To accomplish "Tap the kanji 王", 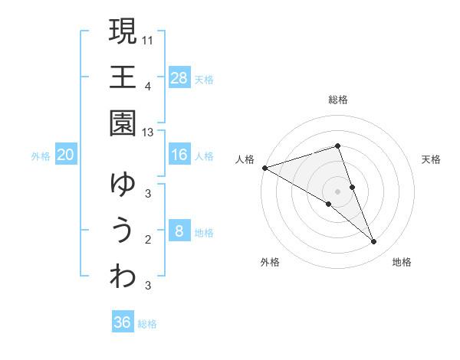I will coord(123,77).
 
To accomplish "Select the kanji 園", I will coord(123,123).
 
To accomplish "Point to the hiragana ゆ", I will coord(123,185).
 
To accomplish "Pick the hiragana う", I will coord(123,231).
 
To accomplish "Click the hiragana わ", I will coord(123,277).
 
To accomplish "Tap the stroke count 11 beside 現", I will coord(149,39).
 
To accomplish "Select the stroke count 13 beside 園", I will coord(149,133).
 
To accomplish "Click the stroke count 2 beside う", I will coord(148,240).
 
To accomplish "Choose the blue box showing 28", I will coord(179,77).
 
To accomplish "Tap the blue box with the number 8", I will coord(179,231).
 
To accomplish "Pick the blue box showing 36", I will coord(123,322).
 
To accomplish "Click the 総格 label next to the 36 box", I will coord(147,324).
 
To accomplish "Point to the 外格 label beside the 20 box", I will coord(41,156).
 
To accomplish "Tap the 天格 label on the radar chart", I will coord(432,159).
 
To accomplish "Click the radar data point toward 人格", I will coord(264,168).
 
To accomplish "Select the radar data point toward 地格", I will coord(374,242).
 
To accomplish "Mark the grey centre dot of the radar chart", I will coord(338,191).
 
